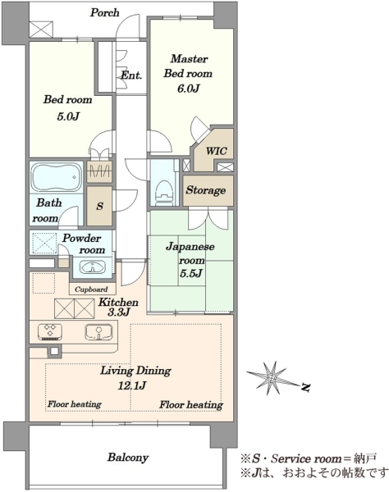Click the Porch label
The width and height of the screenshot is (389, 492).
tap(105, 12)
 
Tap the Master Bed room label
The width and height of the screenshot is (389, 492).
tap(189, 66)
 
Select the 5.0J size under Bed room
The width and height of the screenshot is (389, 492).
tap(68, 116)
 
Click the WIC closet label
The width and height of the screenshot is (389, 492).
tap(217, 151)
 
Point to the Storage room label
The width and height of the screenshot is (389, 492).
tap(206, 190)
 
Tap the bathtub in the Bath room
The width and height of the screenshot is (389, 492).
tap(57, 176)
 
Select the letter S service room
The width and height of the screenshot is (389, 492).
tap(99, 206)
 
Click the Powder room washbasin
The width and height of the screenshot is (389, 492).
tap(92, 267)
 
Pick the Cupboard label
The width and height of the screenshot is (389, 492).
tap(91, 289)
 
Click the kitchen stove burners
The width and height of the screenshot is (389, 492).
tap(50, 332)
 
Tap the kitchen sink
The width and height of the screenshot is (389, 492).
tap(98, 332)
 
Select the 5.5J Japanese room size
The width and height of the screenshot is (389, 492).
tap(191, 274)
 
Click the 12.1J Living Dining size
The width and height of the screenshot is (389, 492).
tap(132, 385)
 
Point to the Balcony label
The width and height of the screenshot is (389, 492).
tap(128, 458)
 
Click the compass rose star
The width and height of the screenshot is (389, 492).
tap(272, 378)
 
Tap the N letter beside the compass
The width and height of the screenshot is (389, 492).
tap(305, 387)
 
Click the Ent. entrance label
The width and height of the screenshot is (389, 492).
tap(131, 75)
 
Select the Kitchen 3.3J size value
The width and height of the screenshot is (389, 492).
tap(119, 312)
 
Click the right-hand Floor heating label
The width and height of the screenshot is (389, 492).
tap(191, 405)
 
